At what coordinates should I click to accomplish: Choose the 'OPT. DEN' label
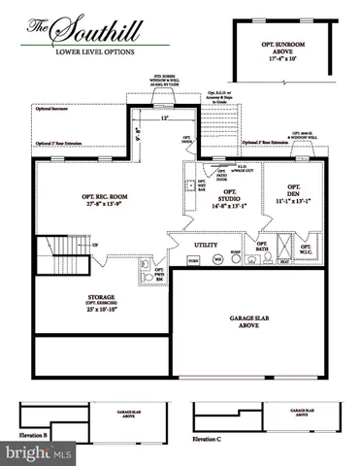[x=289, y=194]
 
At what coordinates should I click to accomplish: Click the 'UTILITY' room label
[x=207, y=247]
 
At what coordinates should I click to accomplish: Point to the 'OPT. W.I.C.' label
[x=305, y=249]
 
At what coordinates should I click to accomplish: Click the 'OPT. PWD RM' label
[x=159, y=276]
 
